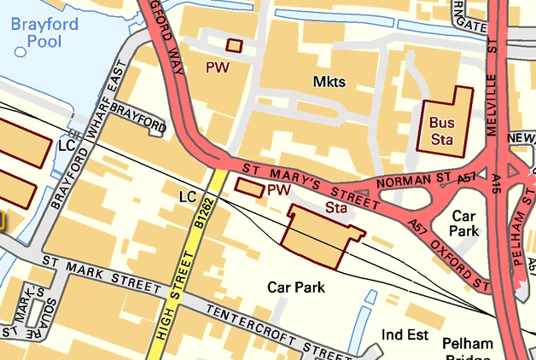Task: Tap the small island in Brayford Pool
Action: [x=20, y=52]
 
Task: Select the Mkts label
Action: [x=329, y=82]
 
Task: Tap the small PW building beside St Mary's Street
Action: [x=249, y=187]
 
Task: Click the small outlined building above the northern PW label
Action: [x=233, y=45]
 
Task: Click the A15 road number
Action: [x=498, y=183]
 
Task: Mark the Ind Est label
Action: [x=405, y=334]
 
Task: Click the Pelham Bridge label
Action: [x=468, y=351]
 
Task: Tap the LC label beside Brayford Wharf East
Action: [x=67, y=145]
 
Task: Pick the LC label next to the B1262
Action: [x=188, y=197]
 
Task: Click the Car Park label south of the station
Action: [x=296, y=287]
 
